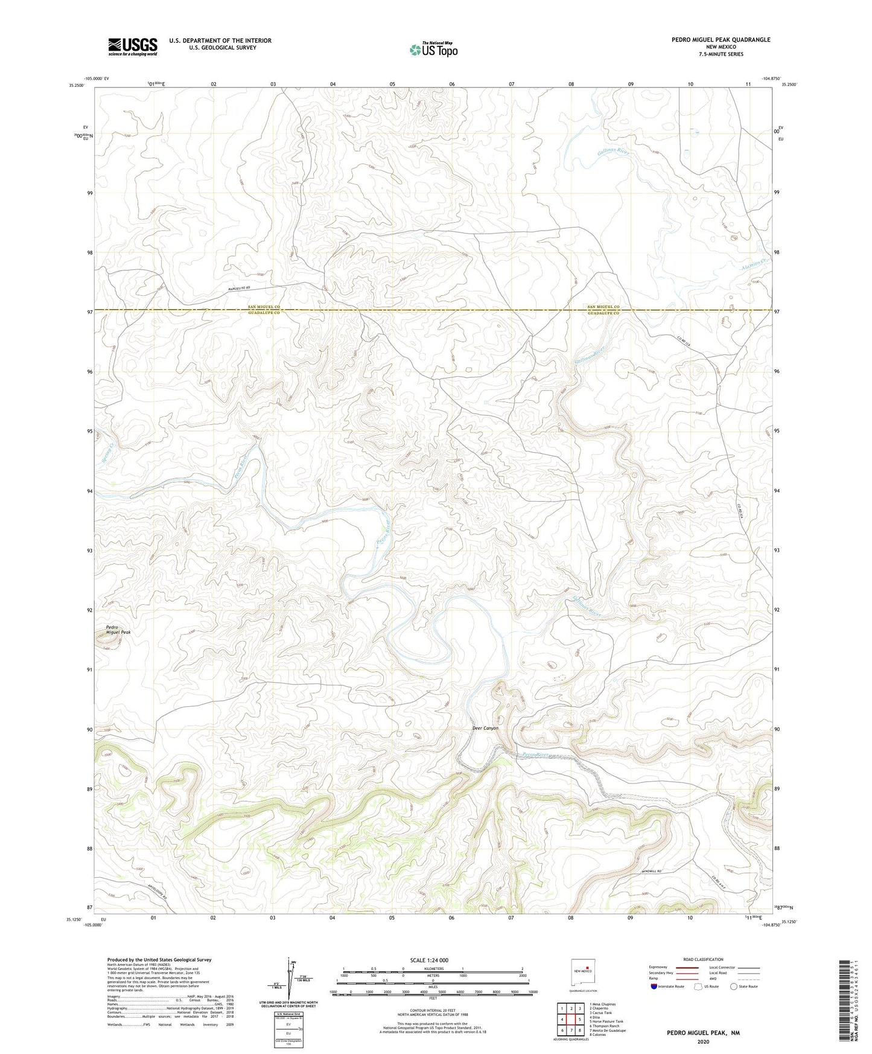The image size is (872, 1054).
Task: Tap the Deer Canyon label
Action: (485, 728)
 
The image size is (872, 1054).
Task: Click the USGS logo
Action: (133, 46)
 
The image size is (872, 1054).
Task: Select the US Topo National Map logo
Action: (433, 50)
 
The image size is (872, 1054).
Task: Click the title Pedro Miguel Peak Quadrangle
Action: (721, 40)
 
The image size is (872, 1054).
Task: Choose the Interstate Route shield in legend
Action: (655, 986)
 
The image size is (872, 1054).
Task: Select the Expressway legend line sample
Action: (687, 967)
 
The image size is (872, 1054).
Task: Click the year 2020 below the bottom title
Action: (703, 1041)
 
